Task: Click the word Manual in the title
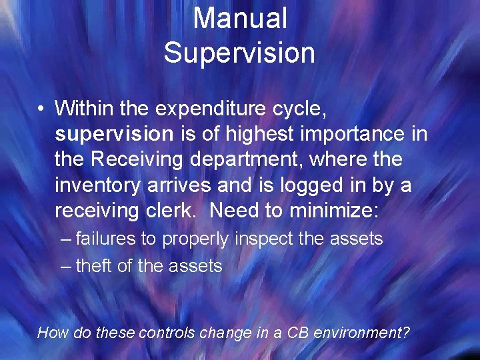coord(240,19)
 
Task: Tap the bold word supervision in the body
coord(114,134)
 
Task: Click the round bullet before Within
coord(41,109)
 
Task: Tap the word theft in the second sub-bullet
coord(94,266)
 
